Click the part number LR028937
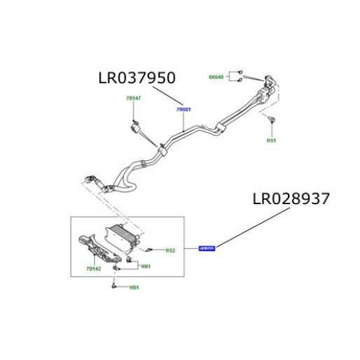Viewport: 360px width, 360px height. coord(291,199)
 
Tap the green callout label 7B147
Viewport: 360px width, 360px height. coord(134,99)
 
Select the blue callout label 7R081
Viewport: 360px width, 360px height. coord(183,110)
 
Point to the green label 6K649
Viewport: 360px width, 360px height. coord(217,76)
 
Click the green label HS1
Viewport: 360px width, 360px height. coord(271,140)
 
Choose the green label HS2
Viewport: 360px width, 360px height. coord(170,250)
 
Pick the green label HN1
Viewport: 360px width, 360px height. coord(146,266)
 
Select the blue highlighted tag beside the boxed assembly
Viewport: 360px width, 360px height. coord(208,248)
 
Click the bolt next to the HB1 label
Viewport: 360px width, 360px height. coord(114,285)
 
